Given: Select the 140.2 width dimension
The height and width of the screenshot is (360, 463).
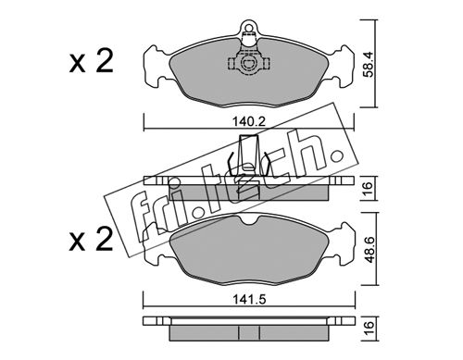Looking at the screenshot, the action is (x=249, y=122).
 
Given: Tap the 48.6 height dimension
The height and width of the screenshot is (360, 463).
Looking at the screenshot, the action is (x=369, y=249).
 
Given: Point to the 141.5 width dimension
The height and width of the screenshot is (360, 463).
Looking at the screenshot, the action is (x=249, y=299).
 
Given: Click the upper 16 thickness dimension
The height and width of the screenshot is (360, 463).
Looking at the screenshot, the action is (x=369, y=188).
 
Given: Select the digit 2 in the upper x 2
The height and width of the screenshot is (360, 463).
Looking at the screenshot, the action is (x=103, y=61).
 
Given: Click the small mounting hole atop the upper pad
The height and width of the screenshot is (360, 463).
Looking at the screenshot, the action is (x=248, y=26).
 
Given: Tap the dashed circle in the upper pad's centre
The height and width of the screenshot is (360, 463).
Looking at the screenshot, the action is (x=248, y=64).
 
